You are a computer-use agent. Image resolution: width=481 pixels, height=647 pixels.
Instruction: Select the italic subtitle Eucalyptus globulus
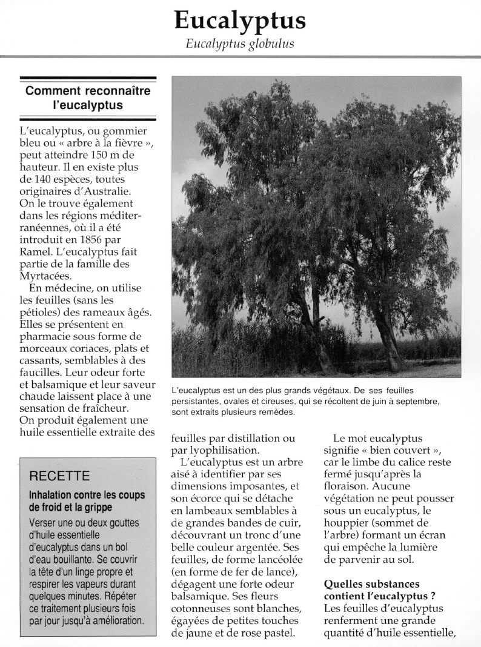[x=240, y=43]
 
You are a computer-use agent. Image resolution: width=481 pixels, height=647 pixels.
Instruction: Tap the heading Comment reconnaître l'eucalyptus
[x=88, y=98]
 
